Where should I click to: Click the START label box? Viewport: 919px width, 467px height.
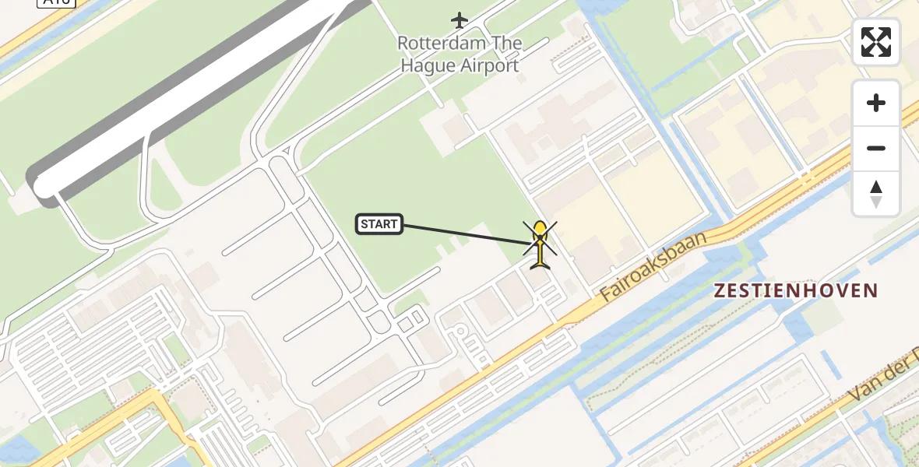[379, 224]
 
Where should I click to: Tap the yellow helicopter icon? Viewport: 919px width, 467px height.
[539, 244]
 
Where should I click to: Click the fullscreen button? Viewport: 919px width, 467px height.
[876, 42]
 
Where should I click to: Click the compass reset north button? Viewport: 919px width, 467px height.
[876, 194]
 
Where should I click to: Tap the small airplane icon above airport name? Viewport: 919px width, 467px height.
[459, 19]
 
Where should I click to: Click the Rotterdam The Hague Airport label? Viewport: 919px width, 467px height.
[459, 54]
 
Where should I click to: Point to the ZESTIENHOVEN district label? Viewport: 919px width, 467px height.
[796, 291]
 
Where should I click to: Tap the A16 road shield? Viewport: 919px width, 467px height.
[56, 2]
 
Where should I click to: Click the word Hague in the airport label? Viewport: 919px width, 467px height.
[427, 65]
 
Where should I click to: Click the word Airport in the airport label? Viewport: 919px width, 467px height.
[488, 65]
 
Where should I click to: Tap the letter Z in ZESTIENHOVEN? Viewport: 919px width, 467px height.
[720, 291]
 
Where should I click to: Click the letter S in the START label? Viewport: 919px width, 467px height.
[364, 225]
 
